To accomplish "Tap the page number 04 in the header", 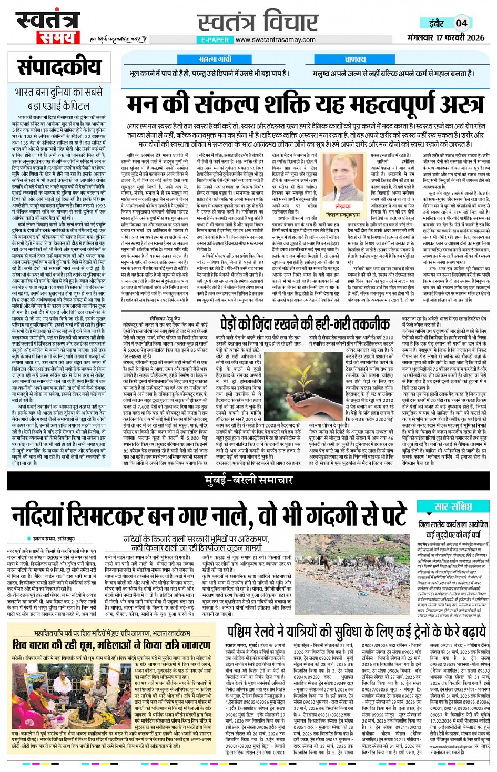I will tap(461, 23).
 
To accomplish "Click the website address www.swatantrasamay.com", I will tap(275, 39).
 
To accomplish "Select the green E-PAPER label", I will tap(215, 39).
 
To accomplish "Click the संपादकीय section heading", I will tap(59, 67).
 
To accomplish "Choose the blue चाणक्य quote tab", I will tap(355, 59).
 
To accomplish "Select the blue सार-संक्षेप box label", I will tap(453, 506).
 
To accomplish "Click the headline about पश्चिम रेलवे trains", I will tap(356, 632).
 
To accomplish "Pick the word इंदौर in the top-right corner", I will tap(436, 23).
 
